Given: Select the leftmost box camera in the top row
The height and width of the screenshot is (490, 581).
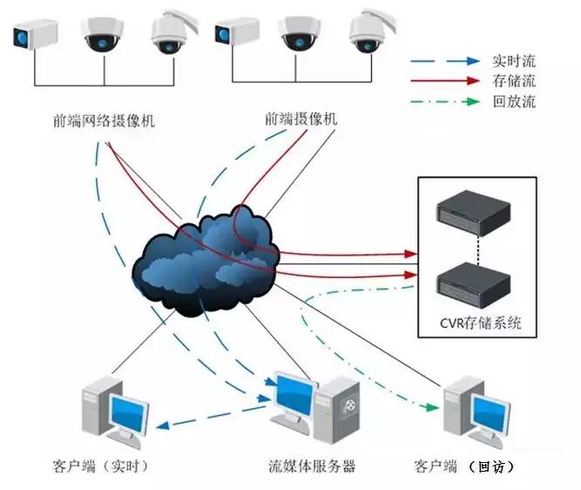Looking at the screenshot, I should pos(35,35).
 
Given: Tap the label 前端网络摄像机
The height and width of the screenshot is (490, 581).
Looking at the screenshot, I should pos(104,120).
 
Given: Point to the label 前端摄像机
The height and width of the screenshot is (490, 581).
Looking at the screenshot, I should pos(300,118).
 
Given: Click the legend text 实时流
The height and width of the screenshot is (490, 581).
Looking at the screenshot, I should pos(513,62).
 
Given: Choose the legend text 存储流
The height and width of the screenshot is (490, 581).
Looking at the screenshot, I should pos(513,81).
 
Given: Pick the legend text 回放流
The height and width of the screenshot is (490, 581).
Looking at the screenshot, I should pos(513,101).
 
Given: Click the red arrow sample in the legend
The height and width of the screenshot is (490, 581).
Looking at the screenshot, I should pos(445,81).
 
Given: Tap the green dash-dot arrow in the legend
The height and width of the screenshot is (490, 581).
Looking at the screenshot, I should pos(445,101).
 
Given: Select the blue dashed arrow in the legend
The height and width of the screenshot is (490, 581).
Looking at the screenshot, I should pos(445,62).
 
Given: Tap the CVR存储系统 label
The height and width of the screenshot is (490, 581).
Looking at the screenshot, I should pos(481,323).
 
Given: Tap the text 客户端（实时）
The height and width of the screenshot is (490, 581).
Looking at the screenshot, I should pos(104,466).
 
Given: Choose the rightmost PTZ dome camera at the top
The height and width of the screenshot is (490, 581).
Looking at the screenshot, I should pos(368,31).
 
